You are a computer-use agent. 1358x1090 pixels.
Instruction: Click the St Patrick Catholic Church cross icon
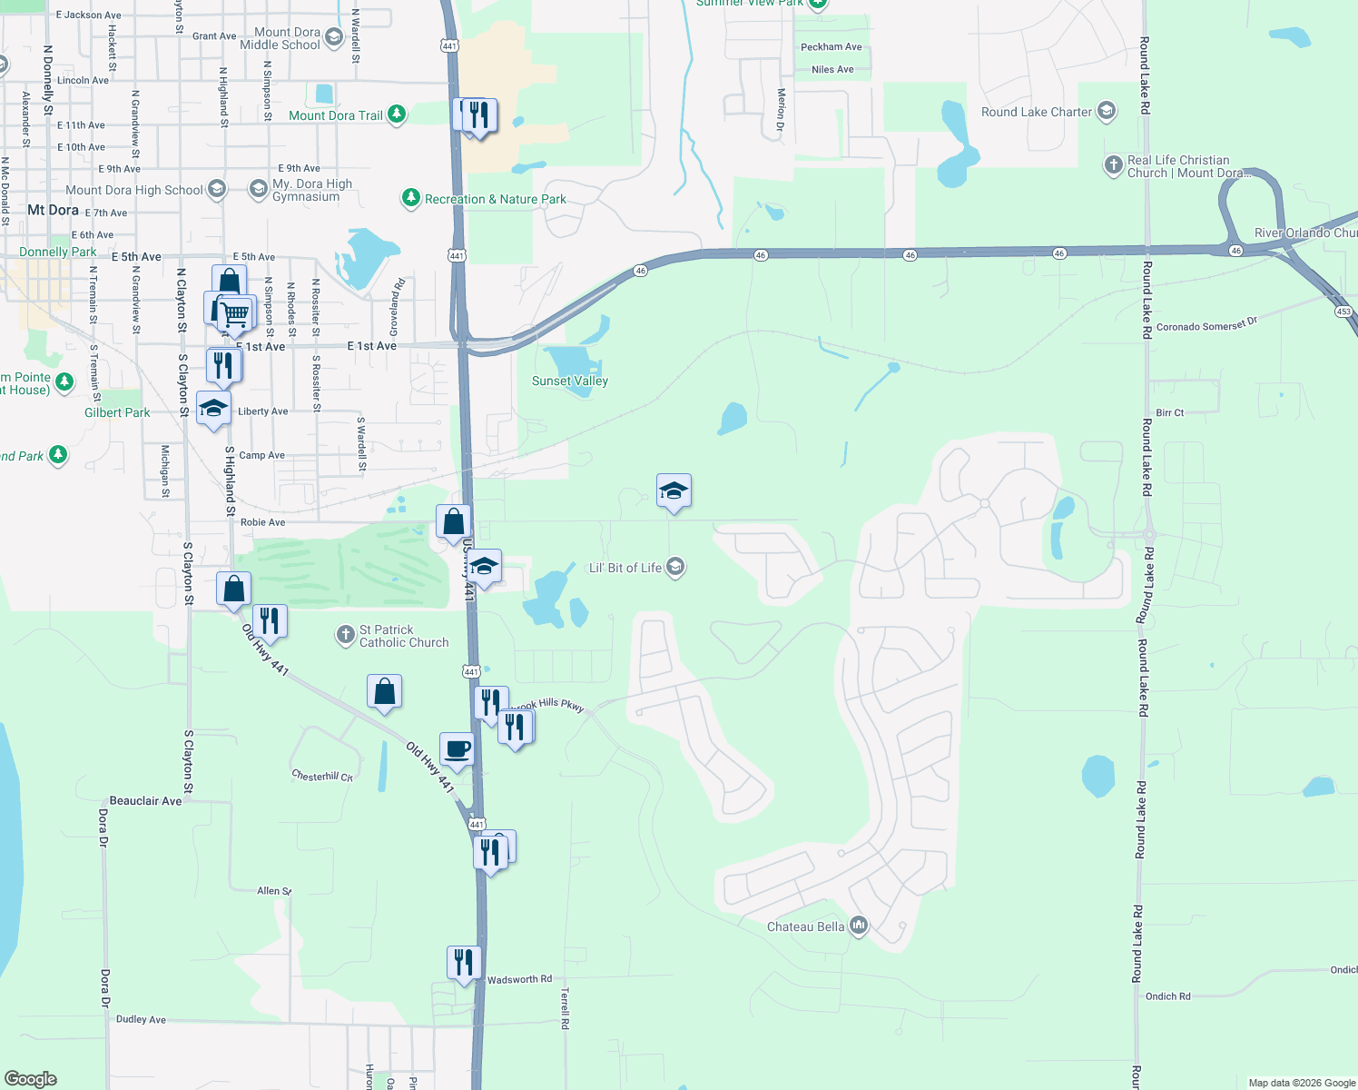click(345, 635)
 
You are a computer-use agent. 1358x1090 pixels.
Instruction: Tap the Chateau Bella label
click(805, 926)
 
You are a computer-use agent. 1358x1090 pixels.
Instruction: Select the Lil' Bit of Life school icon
click(674, 568)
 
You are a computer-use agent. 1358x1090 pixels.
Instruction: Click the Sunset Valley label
click(569, 381)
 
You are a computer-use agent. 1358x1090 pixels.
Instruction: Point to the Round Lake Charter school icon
click(1106, 112)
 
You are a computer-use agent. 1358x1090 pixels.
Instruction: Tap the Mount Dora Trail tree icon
click(397, 114)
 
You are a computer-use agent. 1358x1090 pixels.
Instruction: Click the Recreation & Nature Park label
click(495, 199)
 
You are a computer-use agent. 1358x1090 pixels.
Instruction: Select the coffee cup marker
click(457, 750)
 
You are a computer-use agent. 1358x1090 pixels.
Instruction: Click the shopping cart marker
click(236, 314)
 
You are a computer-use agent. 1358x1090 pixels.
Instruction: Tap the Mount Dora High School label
click(133, 190)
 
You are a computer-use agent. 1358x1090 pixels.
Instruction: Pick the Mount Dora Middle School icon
click(333, 37)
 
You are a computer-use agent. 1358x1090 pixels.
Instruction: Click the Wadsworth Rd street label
click(519, 979)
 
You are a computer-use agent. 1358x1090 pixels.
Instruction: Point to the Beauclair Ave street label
click(145, 800)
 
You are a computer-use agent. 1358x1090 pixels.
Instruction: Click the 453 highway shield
click(1343, 312)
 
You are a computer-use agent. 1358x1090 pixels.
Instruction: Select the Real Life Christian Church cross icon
click(1113, 165)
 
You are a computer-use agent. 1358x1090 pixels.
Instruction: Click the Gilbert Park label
click(117, 412)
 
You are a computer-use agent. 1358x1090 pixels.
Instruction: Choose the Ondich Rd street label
click(1167, 996)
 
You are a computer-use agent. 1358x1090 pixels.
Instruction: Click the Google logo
click(31, 1079)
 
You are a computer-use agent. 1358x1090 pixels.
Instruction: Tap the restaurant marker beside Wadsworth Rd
click(463, 963)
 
